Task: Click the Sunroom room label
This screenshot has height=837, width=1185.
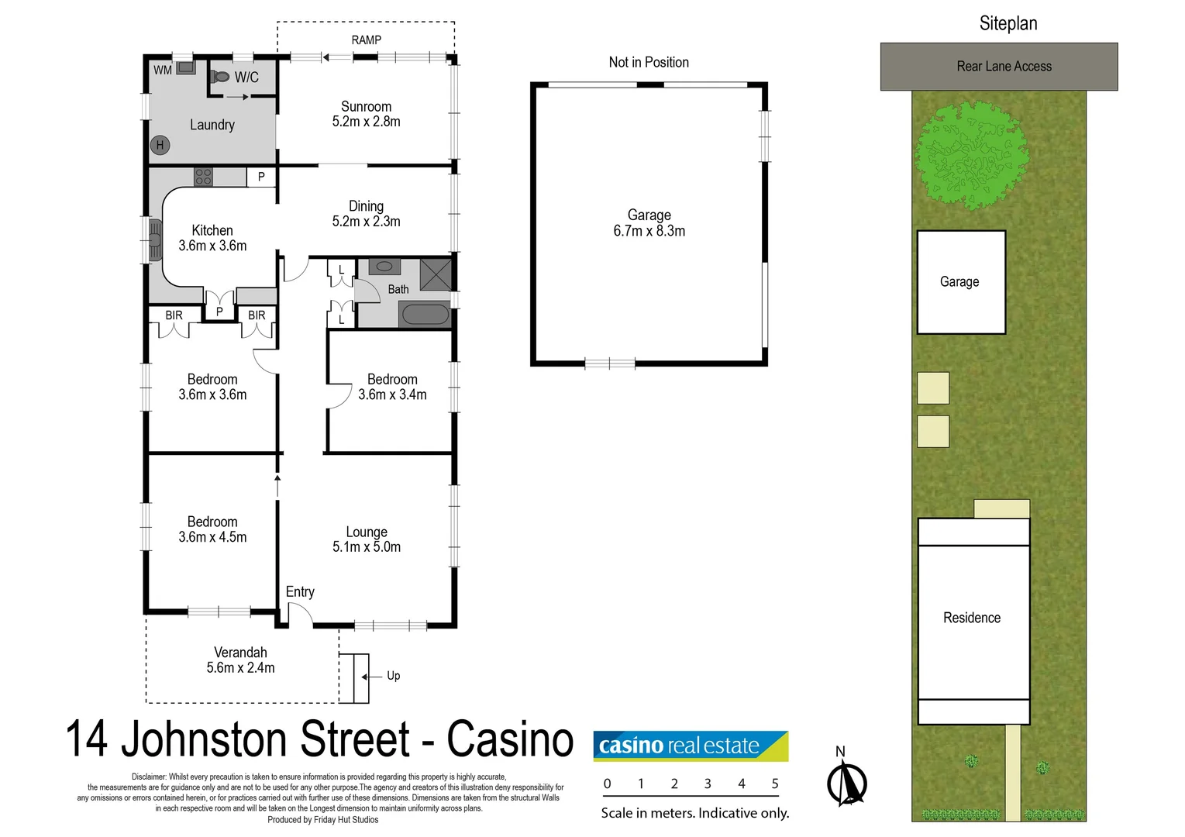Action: click(x=366, y=114)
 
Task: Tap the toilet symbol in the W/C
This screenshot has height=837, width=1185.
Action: click(x=220, y=77)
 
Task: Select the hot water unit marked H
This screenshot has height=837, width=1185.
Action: click(x=160, y=145)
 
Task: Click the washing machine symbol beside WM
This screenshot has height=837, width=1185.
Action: click(x=186, y=68)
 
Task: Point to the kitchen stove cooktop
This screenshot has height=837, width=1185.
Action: click(x=203, y=177)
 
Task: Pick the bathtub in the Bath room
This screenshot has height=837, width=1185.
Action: click(x=424, y=315)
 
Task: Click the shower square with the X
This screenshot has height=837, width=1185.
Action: click(x=436, y=275)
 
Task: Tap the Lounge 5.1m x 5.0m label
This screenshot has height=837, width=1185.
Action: click(x=367, y=539)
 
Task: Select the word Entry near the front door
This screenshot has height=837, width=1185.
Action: click(x=300, y=592)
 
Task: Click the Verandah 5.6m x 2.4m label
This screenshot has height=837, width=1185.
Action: click(x=240, y=660)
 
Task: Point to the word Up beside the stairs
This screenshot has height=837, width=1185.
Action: click(x=394, y=676)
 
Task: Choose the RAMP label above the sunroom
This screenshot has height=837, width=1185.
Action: click(x=366, y=40)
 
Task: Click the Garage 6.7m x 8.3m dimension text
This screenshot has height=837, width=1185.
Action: click(x=649, y=231)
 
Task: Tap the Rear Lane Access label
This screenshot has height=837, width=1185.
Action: click(x=1004, y=67)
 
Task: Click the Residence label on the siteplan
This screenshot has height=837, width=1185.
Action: click(x=972, y=618)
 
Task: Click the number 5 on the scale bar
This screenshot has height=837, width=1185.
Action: click(x=774, y=784)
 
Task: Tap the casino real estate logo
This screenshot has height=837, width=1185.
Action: click(x=690, y=746)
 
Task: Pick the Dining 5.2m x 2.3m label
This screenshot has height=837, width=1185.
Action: click(x=366, y=214)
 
